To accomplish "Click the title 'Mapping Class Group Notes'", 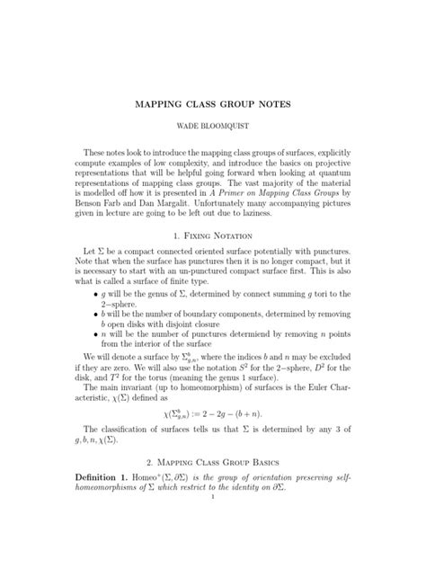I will pyautogui.click(x=213, y=106).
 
